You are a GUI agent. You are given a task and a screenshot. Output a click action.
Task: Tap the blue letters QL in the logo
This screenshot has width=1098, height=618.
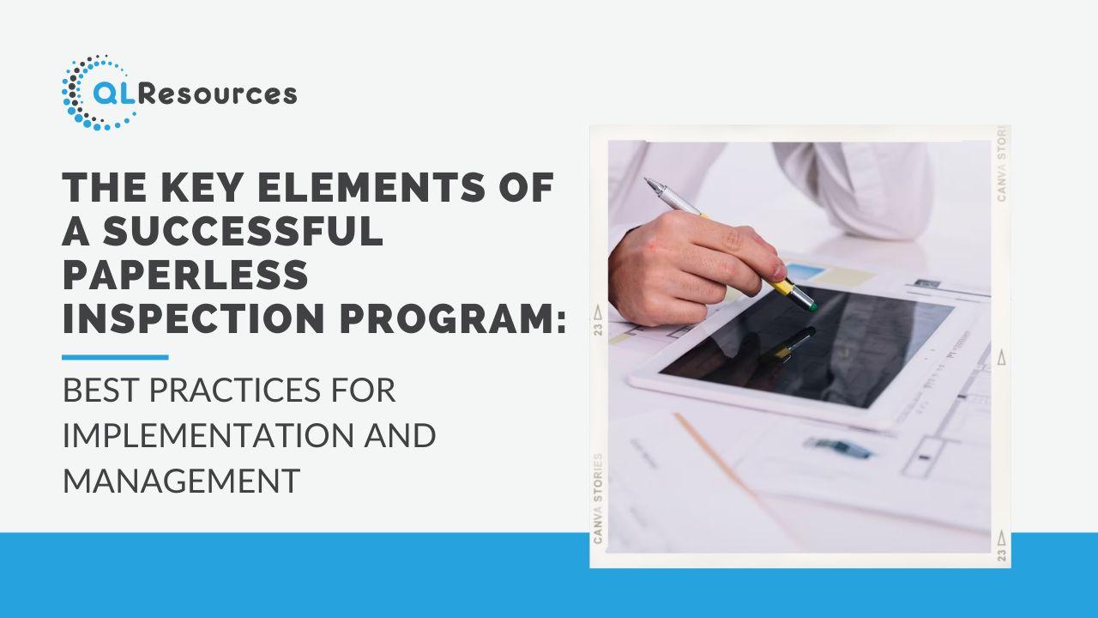point(114,93)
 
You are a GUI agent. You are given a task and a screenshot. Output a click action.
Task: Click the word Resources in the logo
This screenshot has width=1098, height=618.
point(217,94)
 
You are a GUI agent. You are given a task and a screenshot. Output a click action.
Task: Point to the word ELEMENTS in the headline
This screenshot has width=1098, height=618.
point(371,187)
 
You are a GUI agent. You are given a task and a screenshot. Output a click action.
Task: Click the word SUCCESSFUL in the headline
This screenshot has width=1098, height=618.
point(243,231)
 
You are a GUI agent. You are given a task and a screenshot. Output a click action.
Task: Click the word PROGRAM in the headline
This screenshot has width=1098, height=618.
point(445,318)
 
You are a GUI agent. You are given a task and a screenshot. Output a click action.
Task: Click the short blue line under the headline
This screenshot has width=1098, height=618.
point(115,358)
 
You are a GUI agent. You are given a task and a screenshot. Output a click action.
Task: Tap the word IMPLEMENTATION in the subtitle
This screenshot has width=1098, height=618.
point(206,435)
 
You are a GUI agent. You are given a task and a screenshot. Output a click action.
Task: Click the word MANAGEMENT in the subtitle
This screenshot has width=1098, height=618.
point(181,481)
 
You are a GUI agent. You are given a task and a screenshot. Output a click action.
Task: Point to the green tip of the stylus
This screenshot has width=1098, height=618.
point(812,307)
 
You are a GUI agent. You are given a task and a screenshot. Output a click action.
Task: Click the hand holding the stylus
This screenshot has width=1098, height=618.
point(691,267)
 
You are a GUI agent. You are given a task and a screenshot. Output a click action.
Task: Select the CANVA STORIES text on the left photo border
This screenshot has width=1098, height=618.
point(598,499)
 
